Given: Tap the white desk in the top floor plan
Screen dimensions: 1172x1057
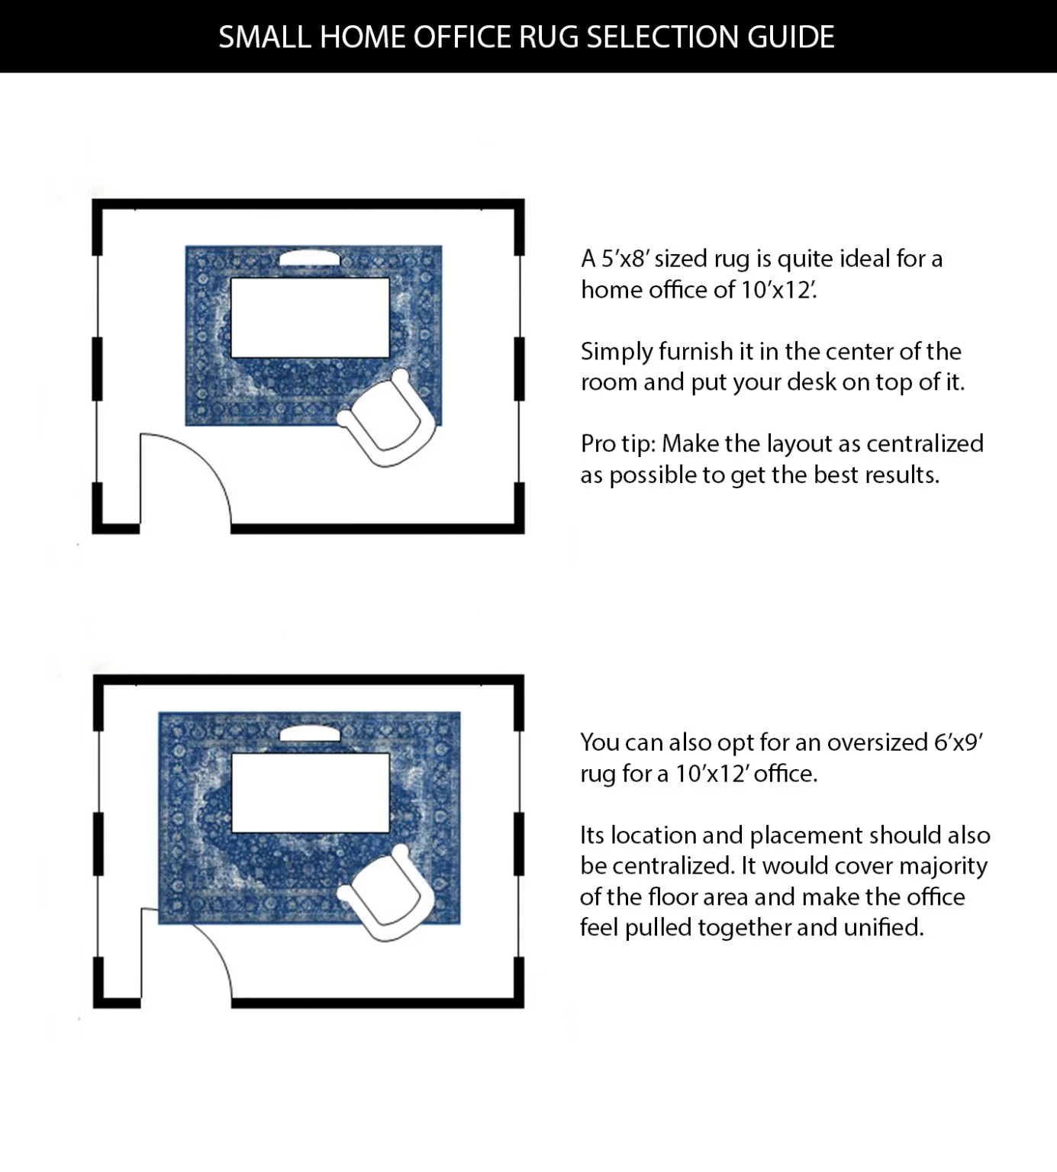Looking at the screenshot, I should (x=310, y=317).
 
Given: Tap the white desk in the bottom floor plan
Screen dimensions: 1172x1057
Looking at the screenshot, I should (x=310, y=793).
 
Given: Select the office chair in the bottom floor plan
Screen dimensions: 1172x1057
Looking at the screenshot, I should (x=388, y=893).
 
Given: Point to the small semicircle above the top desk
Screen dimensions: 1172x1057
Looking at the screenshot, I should (x=309, y=258).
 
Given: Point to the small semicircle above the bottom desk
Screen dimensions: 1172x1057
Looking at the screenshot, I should (x=310, y=734).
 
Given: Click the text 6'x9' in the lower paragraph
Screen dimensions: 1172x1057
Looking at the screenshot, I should (x=959, y=742).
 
